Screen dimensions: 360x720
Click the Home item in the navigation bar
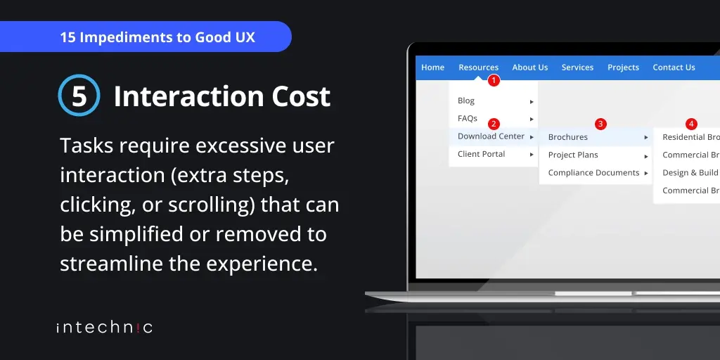tap(432, 67)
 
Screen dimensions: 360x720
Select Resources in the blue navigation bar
tap(478, 67)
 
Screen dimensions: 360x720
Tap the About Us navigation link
tap(529, 67)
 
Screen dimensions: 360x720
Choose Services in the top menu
tap(577, 67)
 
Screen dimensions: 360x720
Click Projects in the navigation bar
tap(623, 67)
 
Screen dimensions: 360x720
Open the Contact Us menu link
tap(674, 67)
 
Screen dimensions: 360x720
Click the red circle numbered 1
tap(494, 81)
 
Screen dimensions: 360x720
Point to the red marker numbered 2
tap(494, 124)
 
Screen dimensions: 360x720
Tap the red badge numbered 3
tap(600, 124)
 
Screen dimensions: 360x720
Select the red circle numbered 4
tap(691, 124)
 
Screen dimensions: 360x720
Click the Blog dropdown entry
tap(466, 101)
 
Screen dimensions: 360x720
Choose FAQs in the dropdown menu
tap(468, 118)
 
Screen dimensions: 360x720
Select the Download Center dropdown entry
tap(491, 136)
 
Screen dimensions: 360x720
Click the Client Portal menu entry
tap(481, 154)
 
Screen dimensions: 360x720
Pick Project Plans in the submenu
tap(573, 155)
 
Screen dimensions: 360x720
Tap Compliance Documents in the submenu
tap(593, 173)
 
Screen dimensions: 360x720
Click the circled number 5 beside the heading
tap(79, 96)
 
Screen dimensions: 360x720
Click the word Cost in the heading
tap(295, 96)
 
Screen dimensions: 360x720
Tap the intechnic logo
tap(104, 327)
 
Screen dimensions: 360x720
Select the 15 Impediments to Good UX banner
tap(157, 37)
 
